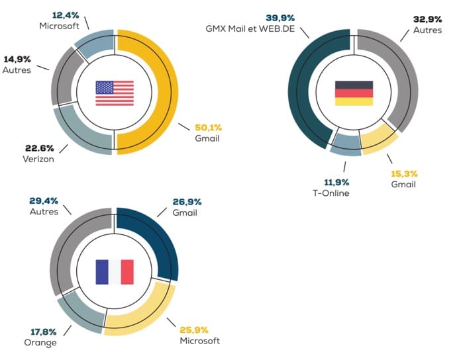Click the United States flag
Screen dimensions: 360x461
tap(115, 93)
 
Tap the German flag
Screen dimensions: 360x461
tap(354, 93)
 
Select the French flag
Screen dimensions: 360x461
tap(115, 271)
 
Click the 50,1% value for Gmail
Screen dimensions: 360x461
tap(207, 128)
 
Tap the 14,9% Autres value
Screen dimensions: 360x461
tap(17, 58)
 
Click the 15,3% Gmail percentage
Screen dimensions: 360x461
tap(403, 173)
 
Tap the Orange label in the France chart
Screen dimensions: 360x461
tap(39, 342)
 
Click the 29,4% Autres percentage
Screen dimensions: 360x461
tap(43, 201)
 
